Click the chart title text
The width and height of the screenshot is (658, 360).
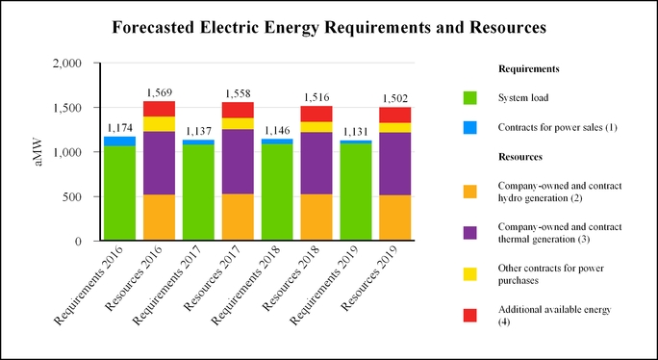tap(329, 28)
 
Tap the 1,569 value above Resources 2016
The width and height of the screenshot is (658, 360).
tap(159, 92)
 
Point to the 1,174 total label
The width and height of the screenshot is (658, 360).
tap(119, 128)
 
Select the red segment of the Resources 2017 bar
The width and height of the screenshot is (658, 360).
tap(238, 110)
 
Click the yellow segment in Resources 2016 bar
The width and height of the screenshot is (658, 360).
tap(159, 124)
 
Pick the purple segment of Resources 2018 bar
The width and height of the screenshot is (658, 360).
tap(316, 163)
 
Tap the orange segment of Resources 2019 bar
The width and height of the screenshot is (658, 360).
tap(395, 218)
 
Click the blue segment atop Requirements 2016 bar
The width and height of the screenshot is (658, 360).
tap(119, 141)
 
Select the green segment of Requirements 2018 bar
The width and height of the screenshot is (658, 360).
tap(277, 192)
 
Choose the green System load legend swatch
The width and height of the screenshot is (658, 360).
tap(470, 98)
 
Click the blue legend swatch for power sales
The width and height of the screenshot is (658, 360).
tap(470, 127)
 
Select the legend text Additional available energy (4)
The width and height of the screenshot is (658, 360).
tap(554, 316)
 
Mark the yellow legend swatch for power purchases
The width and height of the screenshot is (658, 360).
tap(470, 274)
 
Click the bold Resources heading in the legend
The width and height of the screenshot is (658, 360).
tap(520, 157)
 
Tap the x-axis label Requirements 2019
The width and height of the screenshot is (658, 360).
tap(325, 286)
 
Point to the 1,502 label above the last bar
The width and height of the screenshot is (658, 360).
tap(395, 99)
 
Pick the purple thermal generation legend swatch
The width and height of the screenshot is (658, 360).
tap(470, 233)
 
